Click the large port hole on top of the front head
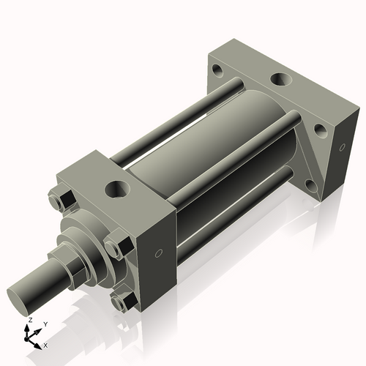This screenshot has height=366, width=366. pos(116,190)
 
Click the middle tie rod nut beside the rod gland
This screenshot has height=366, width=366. pos(116,247)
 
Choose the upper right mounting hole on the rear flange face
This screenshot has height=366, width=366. pos(320,132)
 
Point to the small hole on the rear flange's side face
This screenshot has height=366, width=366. pos(340,148)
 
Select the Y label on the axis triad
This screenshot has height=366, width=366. pos(44,324)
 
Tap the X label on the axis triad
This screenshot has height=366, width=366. pos(46,344)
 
